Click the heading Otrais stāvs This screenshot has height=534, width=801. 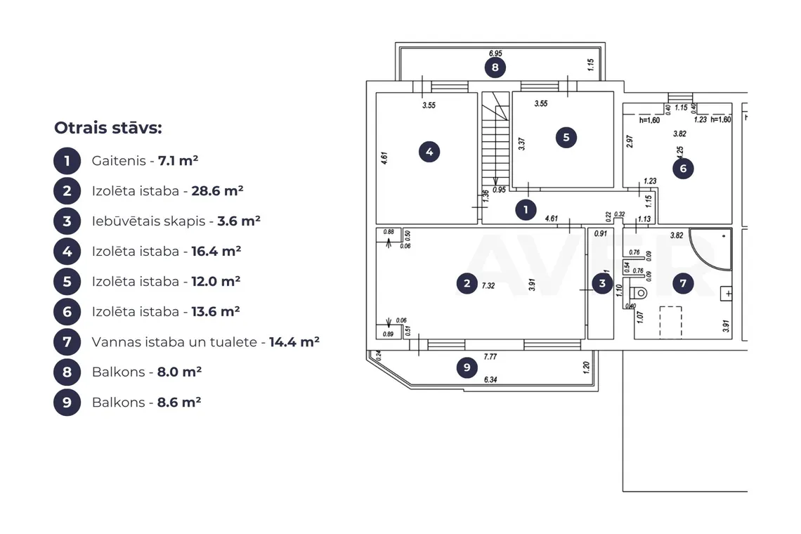pyautogui.click(x=108, y=128)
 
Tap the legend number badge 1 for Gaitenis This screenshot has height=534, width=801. pyautogui.click(x=67, y=161)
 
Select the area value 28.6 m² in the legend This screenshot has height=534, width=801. pyautogui.click(x=217, y=191)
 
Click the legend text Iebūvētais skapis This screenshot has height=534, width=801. pyautogui.click(x=148, y=221)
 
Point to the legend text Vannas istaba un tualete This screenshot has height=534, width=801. pyautogui.click(x=174, y=342)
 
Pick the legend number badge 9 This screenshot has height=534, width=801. pyautogui.click(x=67, y=402)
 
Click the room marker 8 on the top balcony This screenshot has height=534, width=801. pyautogui.click(x=495, y=67)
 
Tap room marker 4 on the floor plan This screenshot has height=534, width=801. pyautogui.click(x=429, y=152)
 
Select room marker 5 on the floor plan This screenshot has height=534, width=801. pyautogui.click(x=566, y=138)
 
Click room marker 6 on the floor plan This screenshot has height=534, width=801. pyautogui.click(x=683, y=169)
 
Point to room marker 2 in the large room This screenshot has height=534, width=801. pyautogui.click(x=467, y=284)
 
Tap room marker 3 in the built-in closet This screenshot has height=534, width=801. pyautogui.click(x=602, y=284)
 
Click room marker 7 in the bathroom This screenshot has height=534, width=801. pyautogui.click(x=683, y=284)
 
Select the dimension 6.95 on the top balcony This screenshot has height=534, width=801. pyautogui.click(x=495, y=53)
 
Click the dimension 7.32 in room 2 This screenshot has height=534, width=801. pyautogui.click(x=488, y=286)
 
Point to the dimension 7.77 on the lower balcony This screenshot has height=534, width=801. pyautogui.click(x=490, y=357)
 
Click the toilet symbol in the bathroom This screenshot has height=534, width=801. pyautogui.click(x=637, y=293)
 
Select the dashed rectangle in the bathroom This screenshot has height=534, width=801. pyautogui.click(x=671, y=322)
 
